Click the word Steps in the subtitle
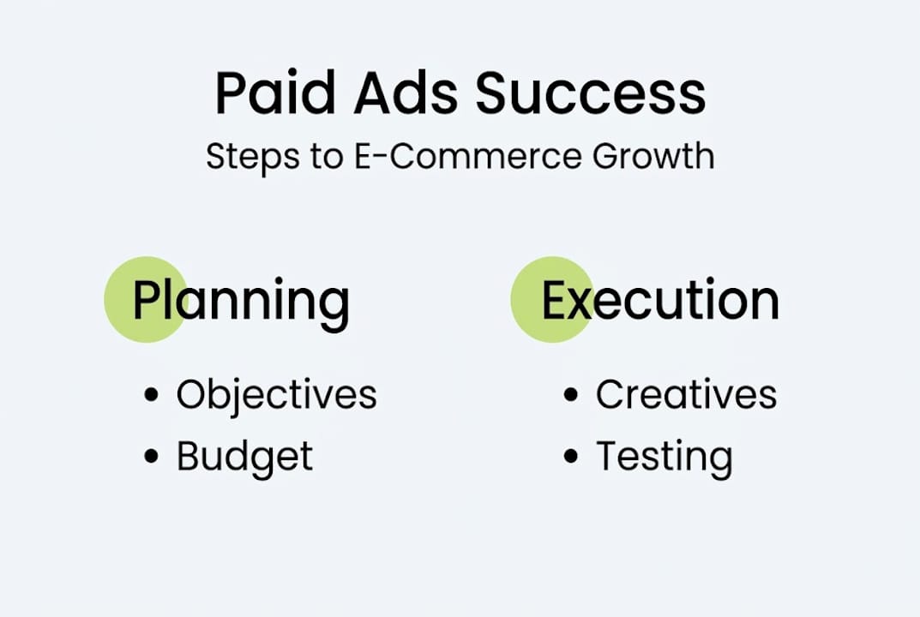pos(250,158)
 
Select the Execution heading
pos(659,300)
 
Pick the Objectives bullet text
pos(276,395)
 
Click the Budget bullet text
pos(244,457)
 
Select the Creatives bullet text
pos(686,395)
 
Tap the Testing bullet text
pos(664,457)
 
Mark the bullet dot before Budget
pos(152,456)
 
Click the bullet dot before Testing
pos(571,456)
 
